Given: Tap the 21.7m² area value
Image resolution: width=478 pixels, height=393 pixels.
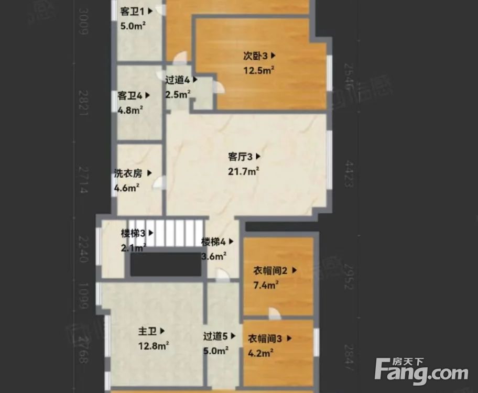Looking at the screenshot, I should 244,171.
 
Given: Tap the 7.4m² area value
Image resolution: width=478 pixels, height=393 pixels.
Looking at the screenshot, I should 266,285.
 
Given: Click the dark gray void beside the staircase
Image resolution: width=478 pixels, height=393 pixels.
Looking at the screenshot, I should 166,264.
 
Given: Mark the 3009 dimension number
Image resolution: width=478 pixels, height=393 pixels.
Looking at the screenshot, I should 82,21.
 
